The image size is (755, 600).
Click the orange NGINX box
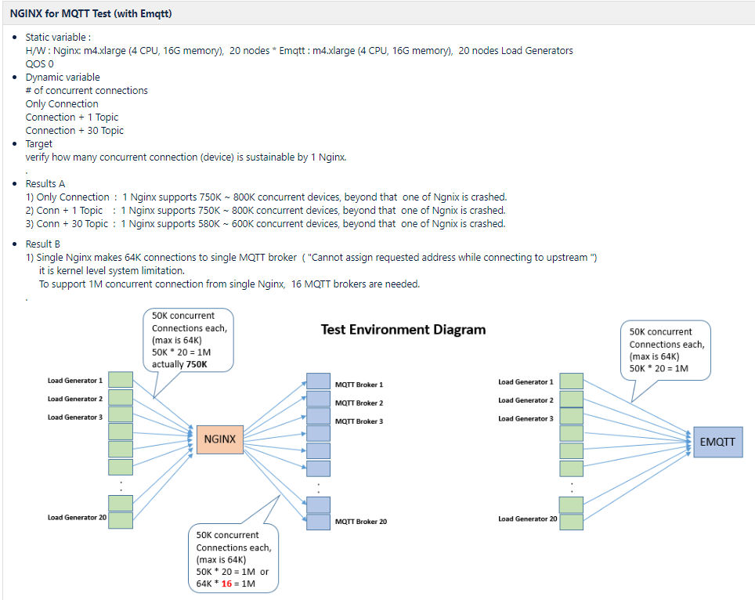pyautogui.click(x=220, y=439)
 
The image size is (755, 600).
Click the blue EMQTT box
pyautogui.click(x=717, y=442)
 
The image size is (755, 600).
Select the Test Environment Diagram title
pyautogui.click(x=403, y=330)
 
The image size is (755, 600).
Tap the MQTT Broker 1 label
pyautogui.click(x=359, y=385)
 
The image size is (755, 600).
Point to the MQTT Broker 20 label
pyautogui.click(x=360, y=522)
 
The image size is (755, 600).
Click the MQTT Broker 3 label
pyautogui.click(x=359, y=421)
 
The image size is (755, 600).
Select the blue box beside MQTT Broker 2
pyautogui.click(x=318, y=399)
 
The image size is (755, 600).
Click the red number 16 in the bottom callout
pyautogui.click(x=226, y=584)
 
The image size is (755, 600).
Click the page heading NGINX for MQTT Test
pyautogui.click(x=91, y=13)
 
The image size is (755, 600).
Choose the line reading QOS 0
pyautogui.click(x=39, y=63)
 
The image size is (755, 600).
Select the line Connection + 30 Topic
pyautogui.click(x=74, y=130)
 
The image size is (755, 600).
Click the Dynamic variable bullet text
pyautogui.click(x=63, y=77)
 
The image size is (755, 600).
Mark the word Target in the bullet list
pyautogui.click(x=39, y=143)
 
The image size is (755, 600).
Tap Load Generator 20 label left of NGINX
pyautogui.click(x=77, y=517)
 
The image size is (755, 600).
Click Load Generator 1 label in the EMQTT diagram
pyautogui.click(x=526, y=382)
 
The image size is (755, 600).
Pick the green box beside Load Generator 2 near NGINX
pyautogui.click(x=121, y=397)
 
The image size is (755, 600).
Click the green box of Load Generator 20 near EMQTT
pyautogui.click(x=571, y=522)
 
